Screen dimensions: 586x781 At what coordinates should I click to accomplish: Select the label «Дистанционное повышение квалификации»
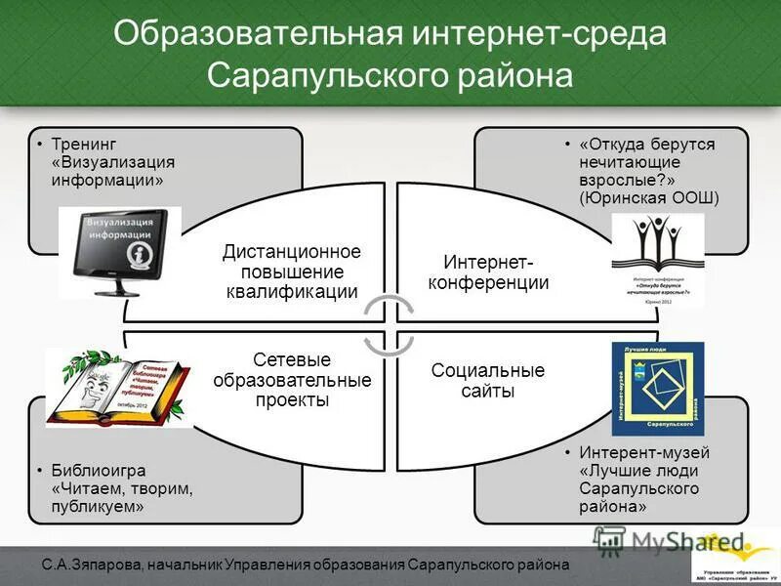point(292,272)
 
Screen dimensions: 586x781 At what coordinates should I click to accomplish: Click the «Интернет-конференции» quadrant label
point(495,272)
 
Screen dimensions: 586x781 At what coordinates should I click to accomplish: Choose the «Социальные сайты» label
point(488,381)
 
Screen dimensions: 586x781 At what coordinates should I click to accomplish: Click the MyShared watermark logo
point(674,543)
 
